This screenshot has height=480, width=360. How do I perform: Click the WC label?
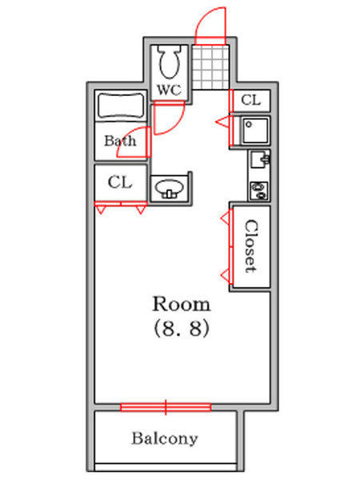[x=169, y=90]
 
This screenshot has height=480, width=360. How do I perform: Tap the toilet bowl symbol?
[x=169, y=62]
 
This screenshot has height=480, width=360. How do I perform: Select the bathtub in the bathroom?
[x=121, y=106]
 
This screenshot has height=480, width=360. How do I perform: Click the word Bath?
[x=120, y=141]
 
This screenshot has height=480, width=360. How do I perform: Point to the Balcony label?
[x=165, y=438]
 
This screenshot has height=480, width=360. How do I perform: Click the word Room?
[x=182, y=304]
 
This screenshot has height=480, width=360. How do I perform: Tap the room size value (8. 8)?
[x=182, y=328]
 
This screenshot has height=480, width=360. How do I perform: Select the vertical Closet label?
[x=251, y=246]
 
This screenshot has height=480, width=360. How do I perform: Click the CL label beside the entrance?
[x=250, y=100]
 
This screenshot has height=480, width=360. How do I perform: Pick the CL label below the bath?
[x=120, y=182]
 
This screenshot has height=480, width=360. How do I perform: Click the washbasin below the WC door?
[x=170, y=188]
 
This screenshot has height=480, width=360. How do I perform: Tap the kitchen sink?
[x=259, y=159]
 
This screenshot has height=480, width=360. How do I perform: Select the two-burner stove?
[x=259, y=191]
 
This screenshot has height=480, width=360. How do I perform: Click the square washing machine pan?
[x=255, y=130]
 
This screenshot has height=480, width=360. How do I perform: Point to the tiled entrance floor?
[x=211, y=67]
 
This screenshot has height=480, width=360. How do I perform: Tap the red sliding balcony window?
[x=166, y=407]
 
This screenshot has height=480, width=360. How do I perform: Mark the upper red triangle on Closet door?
[x=225, y=218]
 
